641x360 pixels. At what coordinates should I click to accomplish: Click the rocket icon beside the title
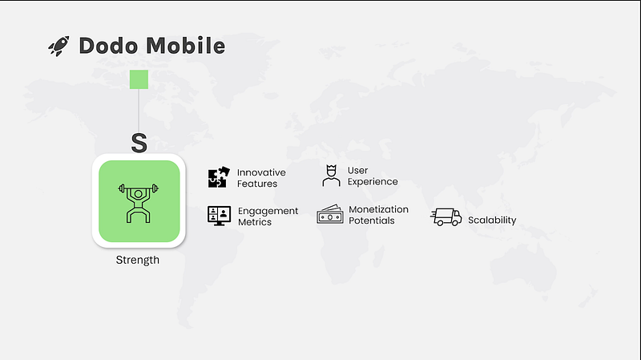pos(58,46)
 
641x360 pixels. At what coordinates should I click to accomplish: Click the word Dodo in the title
pos(108,46)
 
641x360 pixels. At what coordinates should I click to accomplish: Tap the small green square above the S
pos(139,79)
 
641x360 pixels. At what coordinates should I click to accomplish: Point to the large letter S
pos(139,143)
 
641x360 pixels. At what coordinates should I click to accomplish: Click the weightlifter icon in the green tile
pos(138,204)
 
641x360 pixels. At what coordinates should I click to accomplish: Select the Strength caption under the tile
pos(137,261)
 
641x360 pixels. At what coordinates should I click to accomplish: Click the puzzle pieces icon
pos(219,177)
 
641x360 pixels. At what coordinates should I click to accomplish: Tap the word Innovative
pos(261,172)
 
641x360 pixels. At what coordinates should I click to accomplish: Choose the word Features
pos(257,184)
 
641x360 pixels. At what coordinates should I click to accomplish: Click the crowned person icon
pos(331,176)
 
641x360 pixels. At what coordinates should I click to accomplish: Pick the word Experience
pos(373,182)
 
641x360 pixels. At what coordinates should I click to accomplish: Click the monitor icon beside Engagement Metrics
pos(219,216)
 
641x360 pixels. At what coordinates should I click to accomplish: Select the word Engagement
pos(268,211)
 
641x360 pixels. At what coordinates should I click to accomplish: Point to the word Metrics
pos(255,222)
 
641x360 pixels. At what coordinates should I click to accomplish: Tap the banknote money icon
pos(330,214)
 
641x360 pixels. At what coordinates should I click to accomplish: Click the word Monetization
pos(378,209)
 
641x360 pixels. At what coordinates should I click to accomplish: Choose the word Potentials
pos(372,220)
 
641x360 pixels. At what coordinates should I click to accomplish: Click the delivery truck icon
pos(446,216)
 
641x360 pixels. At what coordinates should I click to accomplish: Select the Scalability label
pos(492,220)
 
